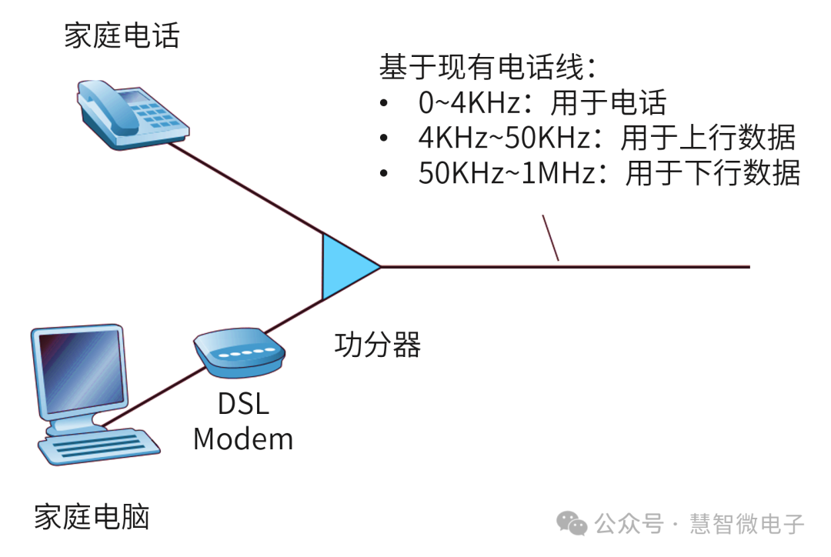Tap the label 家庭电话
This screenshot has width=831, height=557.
pyautogui.click(x=122, y=35)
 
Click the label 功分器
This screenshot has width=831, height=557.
pyautogui.click(x=378, y=345)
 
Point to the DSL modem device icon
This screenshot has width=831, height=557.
pyautogui.click(x=239, y=353)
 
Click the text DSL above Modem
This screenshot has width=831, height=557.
pyautogui.click(x=243, y=404)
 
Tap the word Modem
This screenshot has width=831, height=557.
pyautogui.click(x=243, y=439)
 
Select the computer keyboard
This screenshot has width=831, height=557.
pyautogui.click(x=100, y=447)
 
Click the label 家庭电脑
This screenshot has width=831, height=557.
pyautogui.click(x=92, y=517)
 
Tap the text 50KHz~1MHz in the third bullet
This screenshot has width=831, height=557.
pyautogui.click(x=507, y=173)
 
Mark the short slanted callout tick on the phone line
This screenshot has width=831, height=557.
pyautogui.click(x=550, y=238)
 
